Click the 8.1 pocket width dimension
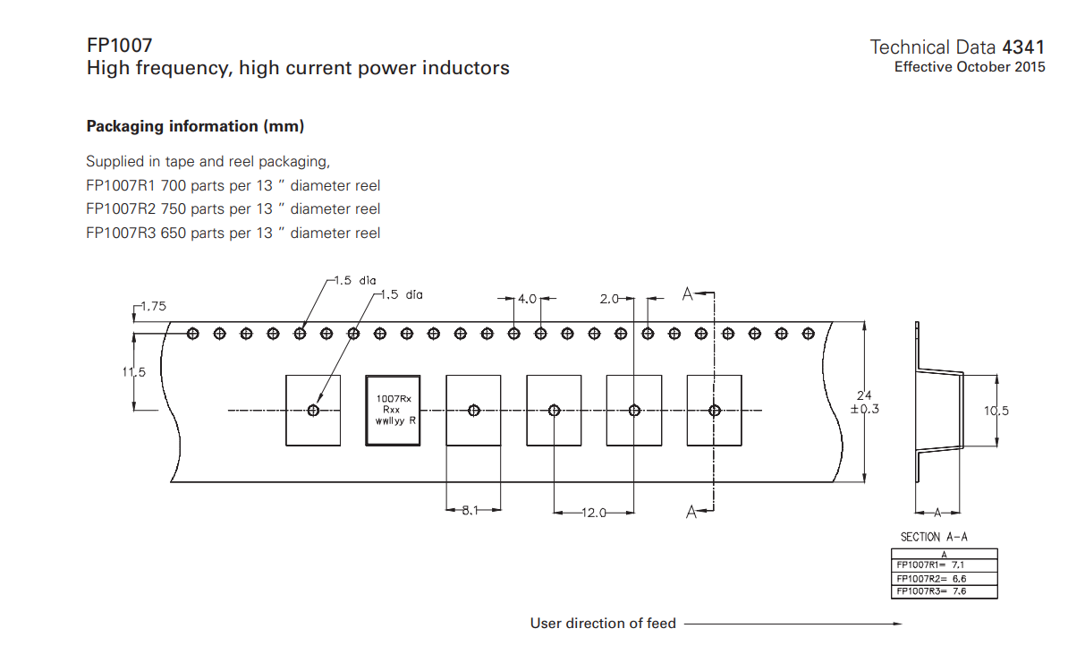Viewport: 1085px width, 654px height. pos(470,511)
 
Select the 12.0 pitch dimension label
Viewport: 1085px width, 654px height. pos(594,513)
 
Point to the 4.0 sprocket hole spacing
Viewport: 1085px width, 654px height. pos(527,299)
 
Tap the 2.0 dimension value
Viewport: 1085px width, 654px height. pos(609,299)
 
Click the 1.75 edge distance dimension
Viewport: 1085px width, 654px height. pos(152,306)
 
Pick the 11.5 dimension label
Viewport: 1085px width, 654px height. pos(133,371)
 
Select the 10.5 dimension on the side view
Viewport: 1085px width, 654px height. pos(996,411)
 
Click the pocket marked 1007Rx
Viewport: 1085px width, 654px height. pos(393,410)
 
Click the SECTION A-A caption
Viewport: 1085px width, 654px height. pos(934,537)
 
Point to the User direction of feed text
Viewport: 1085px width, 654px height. pos(603,623)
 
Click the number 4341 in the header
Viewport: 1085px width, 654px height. pos(1023,47)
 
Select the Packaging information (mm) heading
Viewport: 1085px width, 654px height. pos(195,126)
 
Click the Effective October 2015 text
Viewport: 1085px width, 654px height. pos(969,67)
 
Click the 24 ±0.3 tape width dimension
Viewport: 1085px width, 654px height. pos(864,402)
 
